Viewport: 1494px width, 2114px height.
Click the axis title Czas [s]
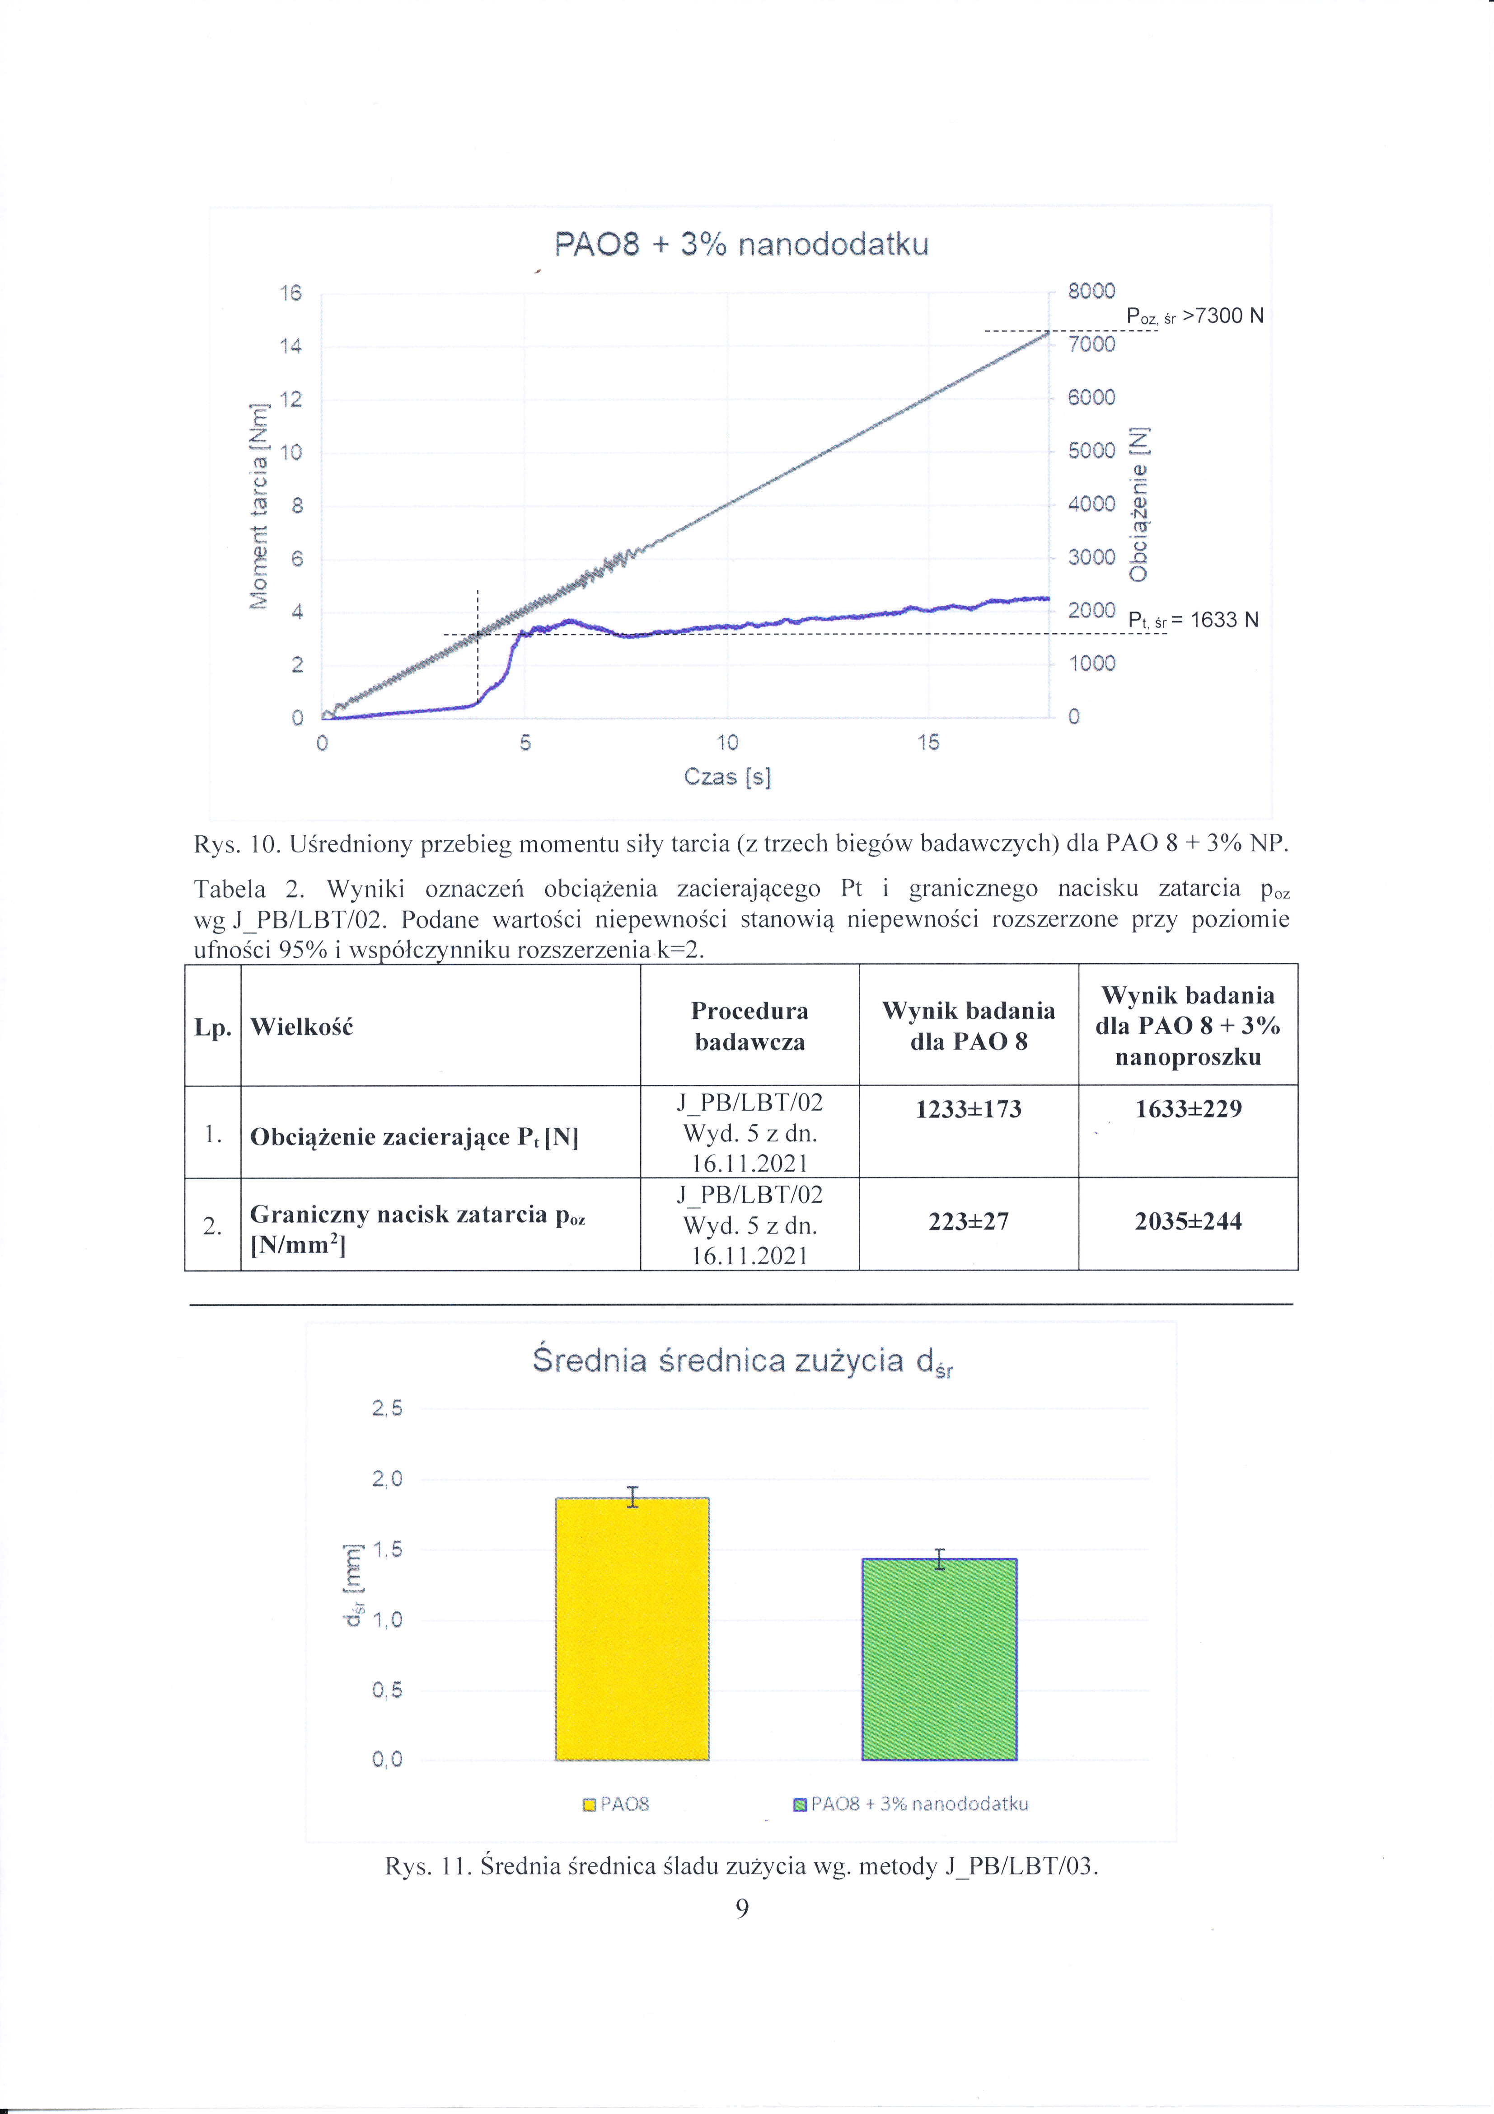click(727, 777)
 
